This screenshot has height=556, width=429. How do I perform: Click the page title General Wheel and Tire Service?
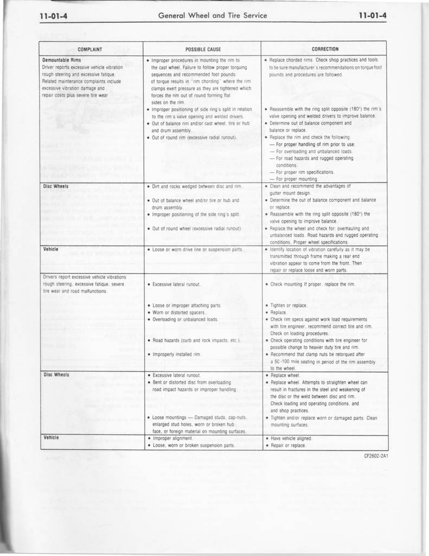tap(213, 16)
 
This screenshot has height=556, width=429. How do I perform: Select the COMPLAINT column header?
tap(91, 49)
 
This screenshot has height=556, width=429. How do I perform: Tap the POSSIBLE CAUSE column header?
tap(203, 49)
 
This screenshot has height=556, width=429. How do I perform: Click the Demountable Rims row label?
tap(62, 60)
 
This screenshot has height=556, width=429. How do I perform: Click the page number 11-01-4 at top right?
tap(373, 16)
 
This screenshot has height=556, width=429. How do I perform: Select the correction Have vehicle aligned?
tap(291, 438)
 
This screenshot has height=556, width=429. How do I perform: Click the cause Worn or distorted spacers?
tap(178, 312)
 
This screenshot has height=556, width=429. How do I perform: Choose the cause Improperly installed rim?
tap(177, 354)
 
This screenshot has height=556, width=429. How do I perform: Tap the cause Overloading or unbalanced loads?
tap(185, 319)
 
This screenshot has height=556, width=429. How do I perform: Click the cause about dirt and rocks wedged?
tap(197, 186)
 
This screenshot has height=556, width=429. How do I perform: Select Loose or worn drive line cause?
tap(197, 249)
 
